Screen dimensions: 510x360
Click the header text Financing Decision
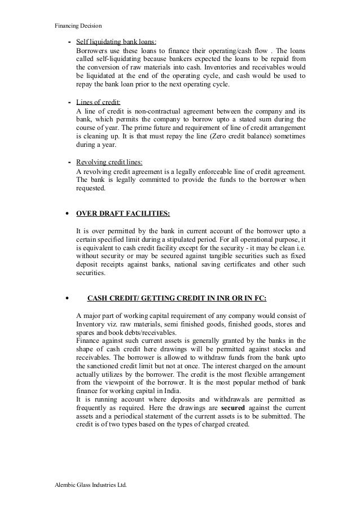[x=79, y=25]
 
